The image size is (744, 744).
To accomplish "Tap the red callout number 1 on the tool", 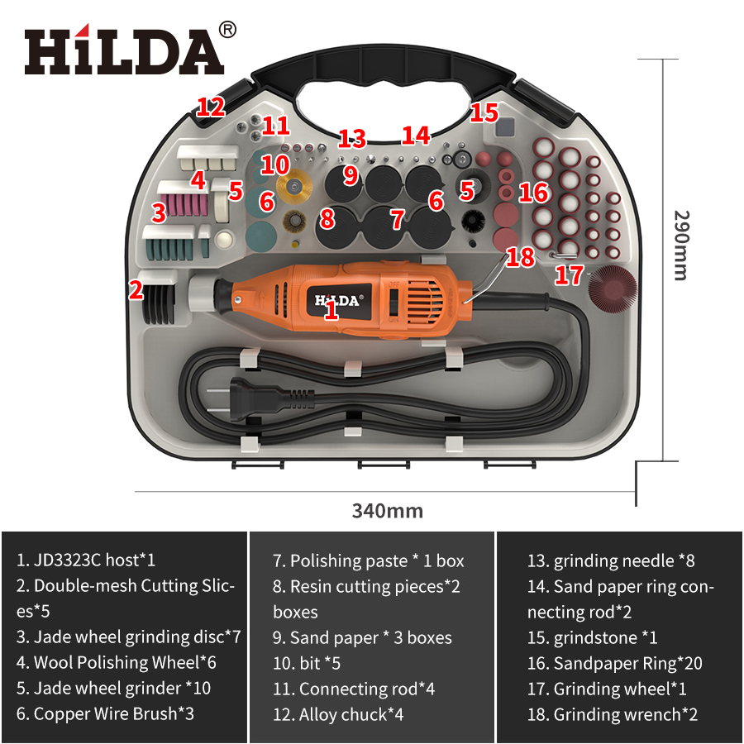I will point(331,311).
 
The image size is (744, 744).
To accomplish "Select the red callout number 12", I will point(211,107).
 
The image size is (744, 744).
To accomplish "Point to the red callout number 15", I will point(484,112).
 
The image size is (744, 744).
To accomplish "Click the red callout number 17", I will point(569,275).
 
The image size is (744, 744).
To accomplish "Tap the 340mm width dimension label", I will point(387,510).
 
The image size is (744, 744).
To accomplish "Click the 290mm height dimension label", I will point(680,245).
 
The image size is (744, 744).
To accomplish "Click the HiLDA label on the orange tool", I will point(338,300).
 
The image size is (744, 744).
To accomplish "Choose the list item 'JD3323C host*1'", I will point(86,560).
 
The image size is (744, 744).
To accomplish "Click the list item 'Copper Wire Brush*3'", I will point(105,713).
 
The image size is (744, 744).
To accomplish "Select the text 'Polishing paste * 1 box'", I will point(368,560).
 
